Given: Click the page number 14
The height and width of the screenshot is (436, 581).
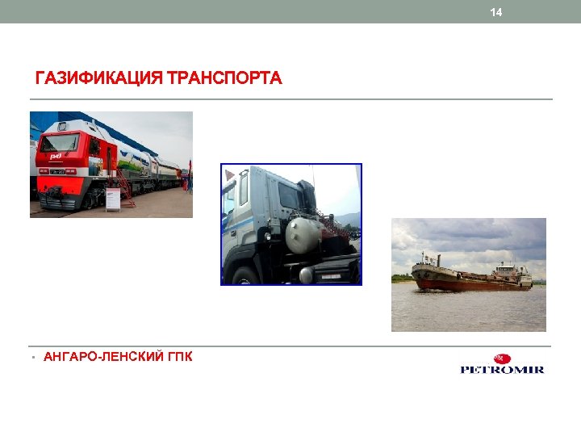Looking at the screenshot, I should (495, 12).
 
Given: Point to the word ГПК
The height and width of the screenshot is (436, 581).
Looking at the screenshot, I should (180, 356).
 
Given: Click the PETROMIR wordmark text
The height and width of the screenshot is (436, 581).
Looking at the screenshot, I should (502, 370).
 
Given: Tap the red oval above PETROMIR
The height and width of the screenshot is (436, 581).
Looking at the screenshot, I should (502, 358).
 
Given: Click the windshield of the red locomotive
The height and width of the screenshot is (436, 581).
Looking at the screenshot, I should (61, 143).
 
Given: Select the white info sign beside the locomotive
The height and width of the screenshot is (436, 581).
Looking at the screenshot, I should (112, 196).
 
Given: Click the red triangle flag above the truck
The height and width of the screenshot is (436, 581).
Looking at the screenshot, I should (230, 174).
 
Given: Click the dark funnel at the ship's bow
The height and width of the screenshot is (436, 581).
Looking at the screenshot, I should (422, 260).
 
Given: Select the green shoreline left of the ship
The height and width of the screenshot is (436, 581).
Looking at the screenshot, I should (401, 279).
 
